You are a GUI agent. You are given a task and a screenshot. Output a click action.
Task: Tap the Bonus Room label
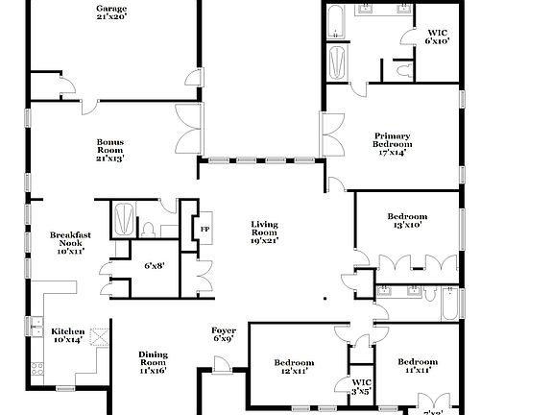110,150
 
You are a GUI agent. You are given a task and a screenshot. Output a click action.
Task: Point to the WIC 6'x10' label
438,37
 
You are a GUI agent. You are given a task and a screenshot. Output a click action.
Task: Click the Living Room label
264,232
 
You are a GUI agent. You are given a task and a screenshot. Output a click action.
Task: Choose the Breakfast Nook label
71,244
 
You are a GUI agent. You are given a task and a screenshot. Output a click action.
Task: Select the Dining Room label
153,361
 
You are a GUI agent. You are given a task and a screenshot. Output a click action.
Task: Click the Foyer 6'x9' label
223,335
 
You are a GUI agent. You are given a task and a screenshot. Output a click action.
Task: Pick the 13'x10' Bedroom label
407,222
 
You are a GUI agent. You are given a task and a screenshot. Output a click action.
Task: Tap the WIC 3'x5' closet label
359,387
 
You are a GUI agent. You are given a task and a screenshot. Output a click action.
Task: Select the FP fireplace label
204,229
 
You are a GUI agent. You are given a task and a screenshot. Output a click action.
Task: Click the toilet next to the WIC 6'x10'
402,69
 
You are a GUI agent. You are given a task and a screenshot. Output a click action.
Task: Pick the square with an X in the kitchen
98,336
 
